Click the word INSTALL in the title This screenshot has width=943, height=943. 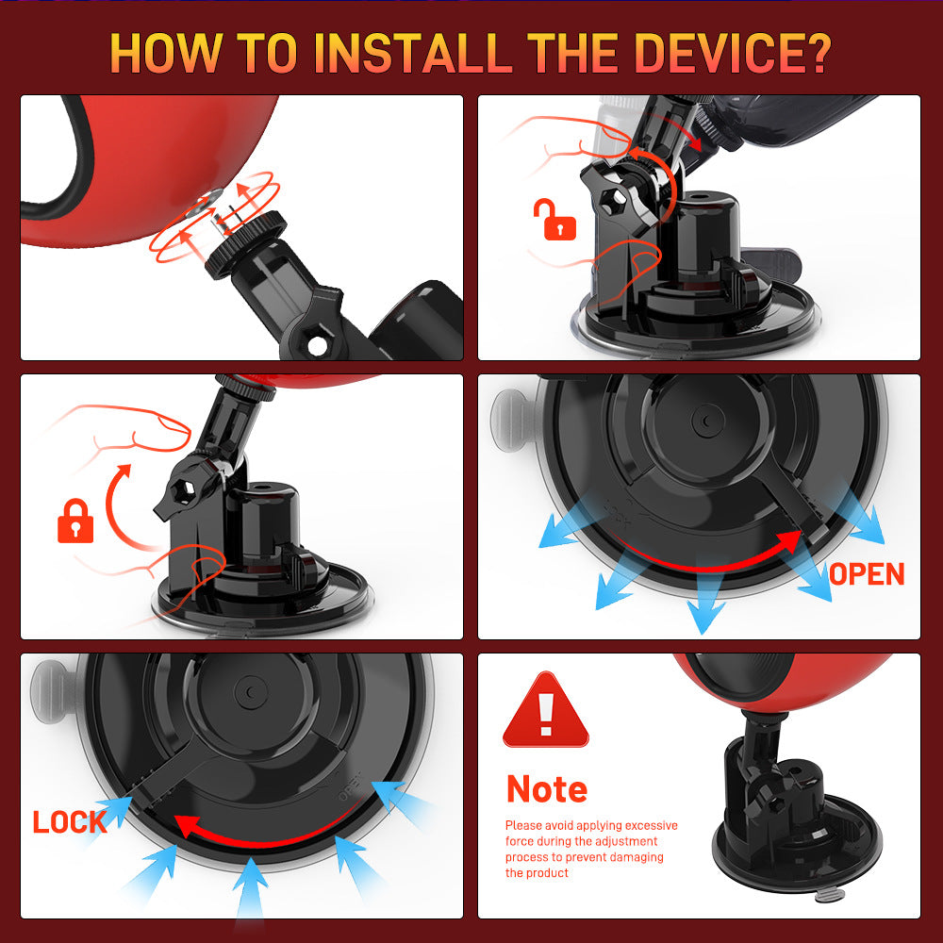tap(413, 53)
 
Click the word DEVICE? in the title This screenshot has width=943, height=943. tap(733, 53)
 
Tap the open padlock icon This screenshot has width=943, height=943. tap(554, 220)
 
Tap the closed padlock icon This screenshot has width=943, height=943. tap(75, 521)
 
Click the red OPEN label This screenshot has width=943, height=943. tap(867, 574)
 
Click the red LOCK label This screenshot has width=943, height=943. tap(69, 822)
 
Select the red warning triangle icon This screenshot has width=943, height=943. tap(545, 710)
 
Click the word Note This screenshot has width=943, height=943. tap(547, 789)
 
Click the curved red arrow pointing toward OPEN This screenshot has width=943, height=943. tap(703, 565)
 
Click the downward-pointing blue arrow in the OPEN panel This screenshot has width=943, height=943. tap(704, 604)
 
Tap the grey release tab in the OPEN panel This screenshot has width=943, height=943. tap(510, 420)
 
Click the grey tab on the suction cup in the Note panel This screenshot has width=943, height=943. tap(831, 895)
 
